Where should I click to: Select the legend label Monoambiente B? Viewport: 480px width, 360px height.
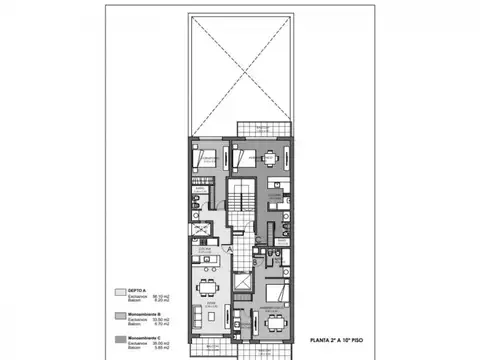[137, 314]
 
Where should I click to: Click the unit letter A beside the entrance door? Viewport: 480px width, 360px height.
[228, 247]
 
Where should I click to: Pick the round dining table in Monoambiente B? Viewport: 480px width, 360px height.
[267, 158]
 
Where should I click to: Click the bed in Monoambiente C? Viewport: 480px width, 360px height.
[278, 295]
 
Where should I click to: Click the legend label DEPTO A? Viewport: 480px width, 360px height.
[133, 291]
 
